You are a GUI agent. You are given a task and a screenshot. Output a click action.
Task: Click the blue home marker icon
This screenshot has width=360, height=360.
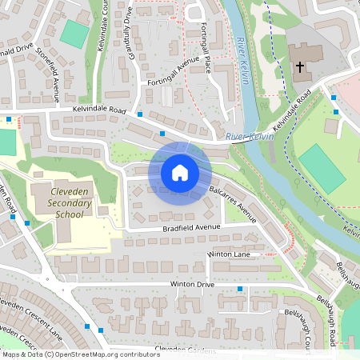point(180,172)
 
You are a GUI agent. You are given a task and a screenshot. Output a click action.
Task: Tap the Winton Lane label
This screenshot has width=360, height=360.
point(229,254)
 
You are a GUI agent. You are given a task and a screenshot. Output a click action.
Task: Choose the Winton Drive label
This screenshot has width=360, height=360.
point(192,284)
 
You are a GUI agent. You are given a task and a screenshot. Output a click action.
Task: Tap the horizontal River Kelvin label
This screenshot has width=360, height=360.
point(249,137)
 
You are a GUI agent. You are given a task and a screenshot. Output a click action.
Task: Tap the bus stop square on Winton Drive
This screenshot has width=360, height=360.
point(240,288)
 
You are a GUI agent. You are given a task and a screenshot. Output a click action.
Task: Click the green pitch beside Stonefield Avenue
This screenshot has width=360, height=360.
point(75,33)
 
